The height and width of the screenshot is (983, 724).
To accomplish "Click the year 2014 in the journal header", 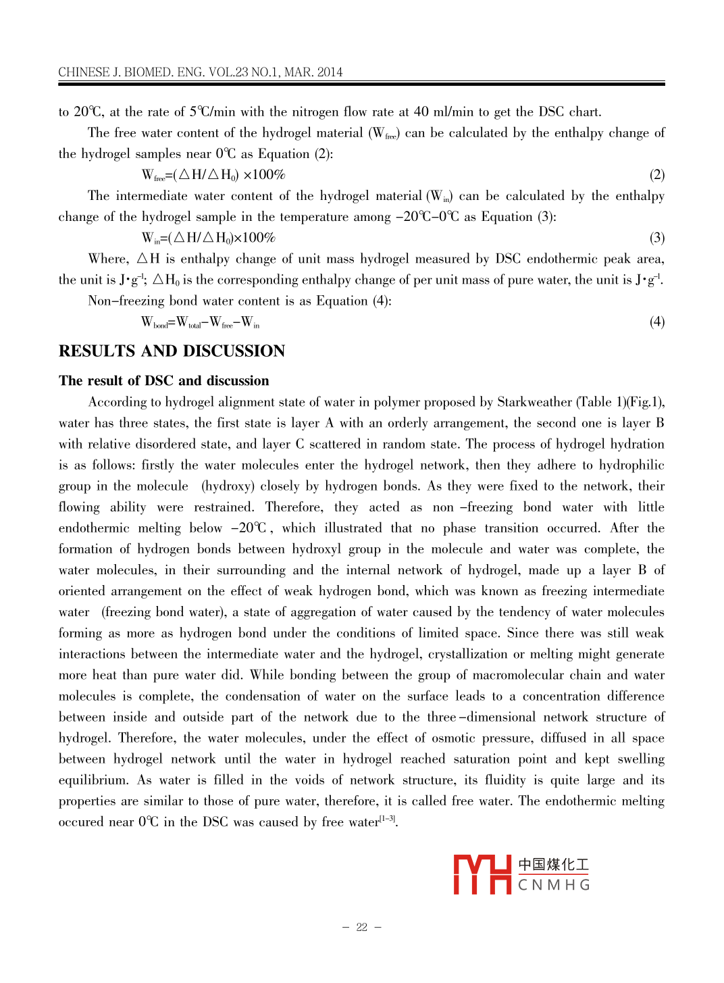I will [x=330, y=72].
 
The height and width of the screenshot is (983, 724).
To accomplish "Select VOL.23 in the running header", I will [x=228, y=72].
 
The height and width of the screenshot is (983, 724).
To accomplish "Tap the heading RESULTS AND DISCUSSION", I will [x=172, y=351].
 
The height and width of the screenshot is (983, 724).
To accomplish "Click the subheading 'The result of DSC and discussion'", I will [x=163, y=381].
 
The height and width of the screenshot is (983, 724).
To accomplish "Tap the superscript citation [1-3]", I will [x=388, y=819].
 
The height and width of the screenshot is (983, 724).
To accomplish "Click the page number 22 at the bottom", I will [x=361, y=927].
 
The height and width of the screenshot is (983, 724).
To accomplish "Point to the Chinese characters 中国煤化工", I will [x=554, y=865].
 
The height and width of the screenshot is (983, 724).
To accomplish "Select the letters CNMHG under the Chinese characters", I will [x=554, y=885].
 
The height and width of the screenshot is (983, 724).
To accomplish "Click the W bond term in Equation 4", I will [x=155, y=322].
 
